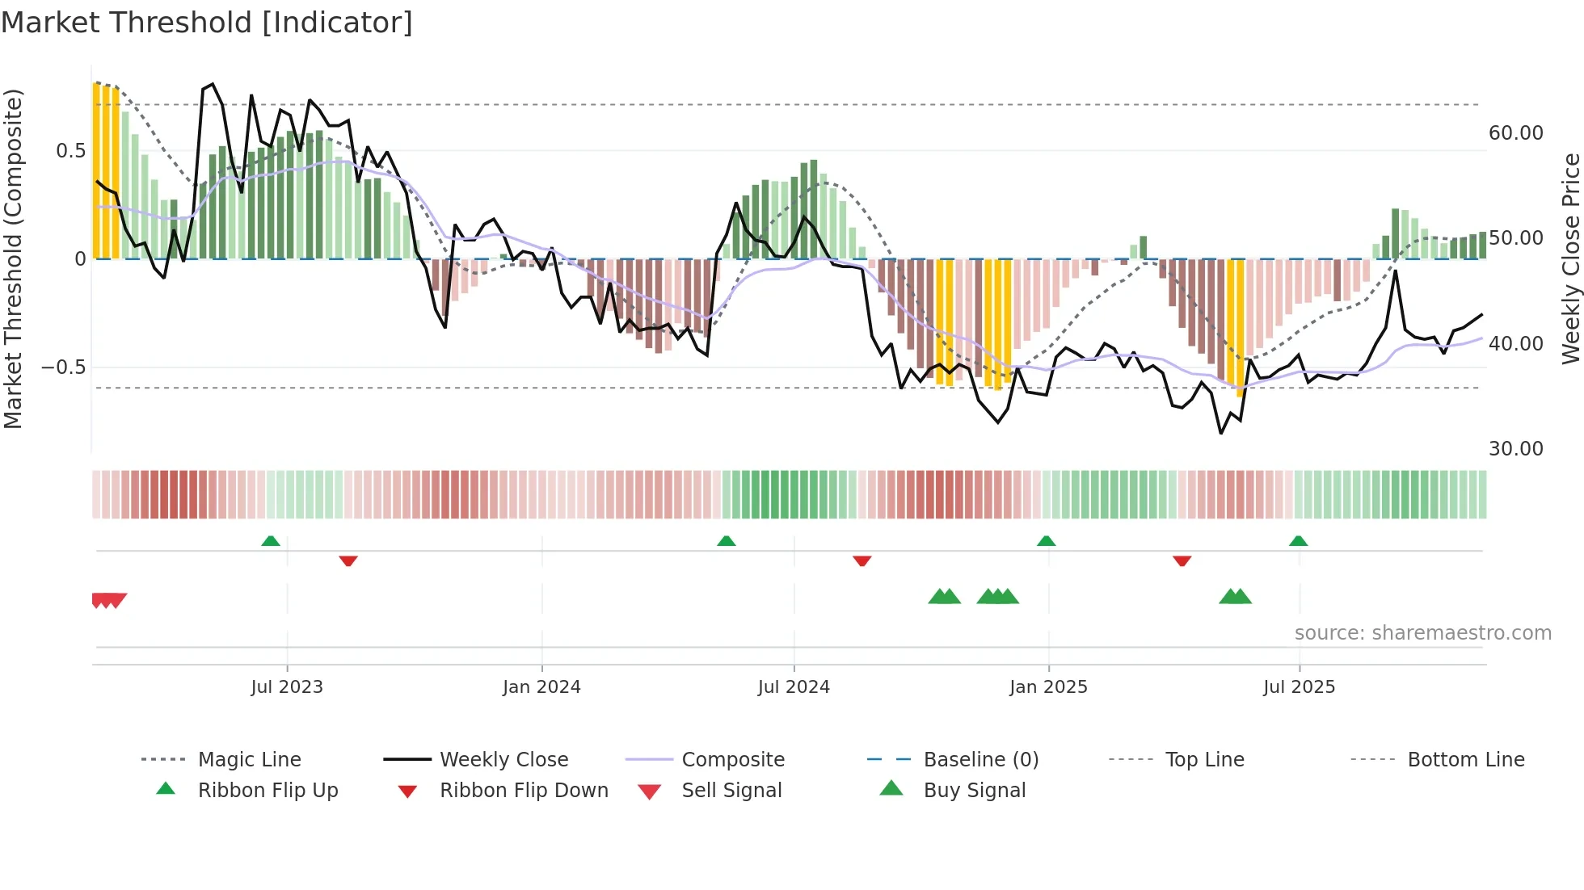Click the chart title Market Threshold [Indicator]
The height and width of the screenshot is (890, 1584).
tap(207, 23)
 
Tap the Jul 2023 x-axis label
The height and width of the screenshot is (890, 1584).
tap(286, 687)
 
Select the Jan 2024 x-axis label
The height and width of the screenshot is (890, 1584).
tap(541, 687)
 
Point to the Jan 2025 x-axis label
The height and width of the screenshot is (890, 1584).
tap(1048, 687)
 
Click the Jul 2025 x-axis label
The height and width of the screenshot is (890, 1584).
tap(1299, 687)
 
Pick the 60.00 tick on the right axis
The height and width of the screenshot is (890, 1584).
tap(1515, 133)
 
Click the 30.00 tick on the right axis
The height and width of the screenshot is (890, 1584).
tap(1515, 449)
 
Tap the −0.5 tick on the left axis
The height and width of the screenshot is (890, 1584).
tap(63, 367)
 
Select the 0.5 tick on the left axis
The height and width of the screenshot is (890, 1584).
tap(70, 151)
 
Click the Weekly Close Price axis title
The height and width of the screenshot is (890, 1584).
tap(1570, 258)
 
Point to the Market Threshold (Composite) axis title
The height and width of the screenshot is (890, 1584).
tap(13, 258)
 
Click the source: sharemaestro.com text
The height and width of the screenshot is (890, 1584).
tap(1422, 633)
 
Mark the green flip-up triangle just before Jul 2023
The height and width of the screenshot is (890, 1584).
tap(271, 541)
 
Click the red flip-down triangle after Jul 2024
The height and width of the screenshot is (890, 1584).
tap(862, 560)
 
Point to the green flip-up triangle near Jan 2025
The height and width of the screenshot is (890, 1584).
tap(1046, 541)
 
